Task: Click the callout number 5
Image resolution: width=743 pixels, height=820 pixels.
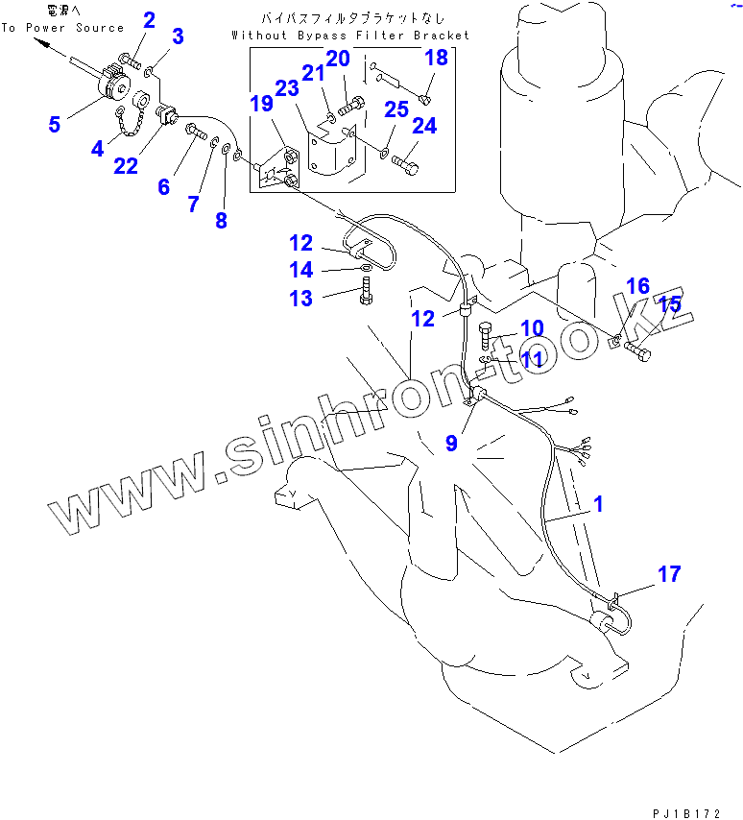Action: click(x=55, y=124)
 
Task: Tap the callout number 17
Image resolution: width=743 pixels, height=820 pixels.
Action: click(x=669, y=574)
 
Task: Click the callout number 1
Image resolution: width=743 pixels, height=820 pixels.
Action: click(x=598, y=503)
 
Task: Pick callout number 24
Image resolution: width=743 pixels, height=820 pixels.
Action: click(x=423, y=126)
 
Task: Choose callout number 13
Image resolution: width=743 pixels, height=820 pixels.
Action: click(x=300, y=299)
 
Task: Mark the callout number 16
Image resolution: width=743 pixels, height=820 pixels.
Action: click(x=637, y=286)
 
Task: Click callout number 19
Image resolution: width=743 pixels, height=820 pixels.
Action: click(x=262, y=104)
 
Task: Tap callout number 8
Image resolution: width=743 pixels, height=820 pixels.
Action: click(x=221, y=220)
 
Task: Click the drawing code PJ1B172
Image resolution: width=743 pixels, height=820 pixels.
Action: click(x=684, y=812)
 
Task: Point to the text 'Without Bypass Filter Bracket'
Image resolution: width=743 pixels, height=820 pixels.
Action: click(x=351, y=36)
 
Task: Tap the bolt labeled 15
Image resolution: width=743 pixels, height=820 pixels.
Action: click(x=637, y=353)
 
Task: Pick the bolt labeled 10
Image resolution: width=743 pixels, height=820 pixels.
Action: click(x=484, y=338)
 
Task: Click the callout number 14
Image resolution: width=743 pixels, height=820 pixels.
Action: click(x=300, y=270)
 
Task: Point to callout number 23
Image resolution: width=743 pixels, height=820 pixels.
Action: click(x=287, y=87)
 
